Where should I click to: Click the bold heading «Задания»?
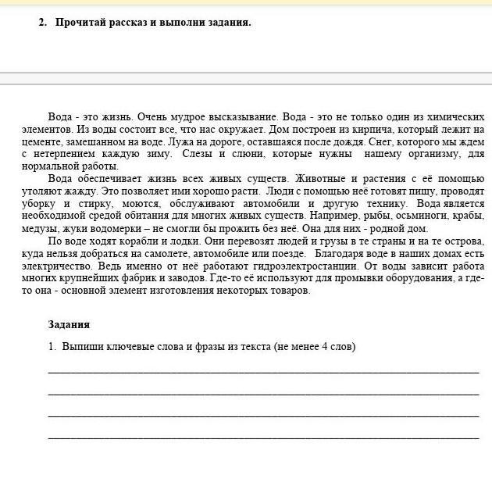(69, 324)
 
